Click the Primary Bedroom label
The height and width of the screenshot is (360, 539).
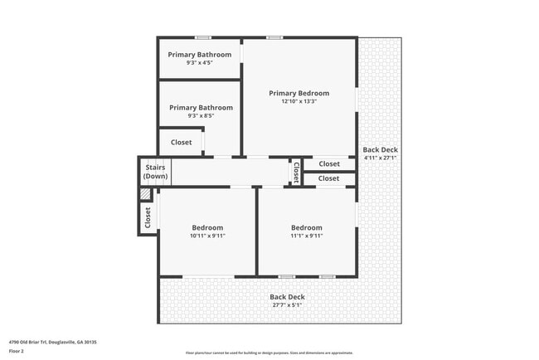pos(299,93)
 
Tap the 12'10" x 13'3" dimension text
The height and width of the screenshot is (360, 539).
pos(299,101)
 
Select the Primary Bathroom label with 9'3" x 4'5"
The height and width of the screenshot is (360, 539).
pos(199,55)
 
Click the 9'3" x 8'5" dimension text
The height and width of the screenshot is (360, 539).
pos(201,116)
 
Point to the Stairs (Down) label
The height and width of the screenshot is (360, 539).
pos(155,172)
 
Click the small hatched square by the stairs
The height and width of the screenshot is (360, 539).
pos(145,194)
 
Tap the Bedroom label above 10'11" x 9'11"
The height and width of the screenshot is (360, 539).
pos(207,227)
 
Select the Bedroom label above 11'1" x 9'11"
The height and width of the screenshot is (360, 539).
pos(306,227)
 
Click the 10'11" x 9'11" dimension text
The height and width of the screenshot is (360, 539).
pos(207,236)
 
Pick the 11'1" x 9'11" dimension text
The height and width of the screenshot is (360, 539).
pos(306,236)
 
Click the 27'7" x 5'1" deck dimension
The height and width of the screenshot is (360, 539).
pos(287,304)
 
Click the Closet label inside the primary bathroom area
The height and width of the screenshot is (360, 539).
pos(181,142)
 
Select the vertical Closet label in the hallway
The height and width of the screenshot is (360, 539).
pos(296,172)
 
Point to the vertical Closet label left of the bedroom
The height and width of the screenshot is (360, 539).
pos(148,218)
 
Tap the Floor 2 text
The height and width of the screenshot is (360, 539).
pos(17,352)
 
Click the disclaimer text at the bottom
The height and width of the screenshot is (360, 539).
pos(269,353)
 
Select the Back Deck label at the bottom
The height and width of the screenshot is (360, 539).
pos(287,296)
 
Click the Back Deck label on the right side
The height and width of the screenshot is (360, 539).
pos(380,149)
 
